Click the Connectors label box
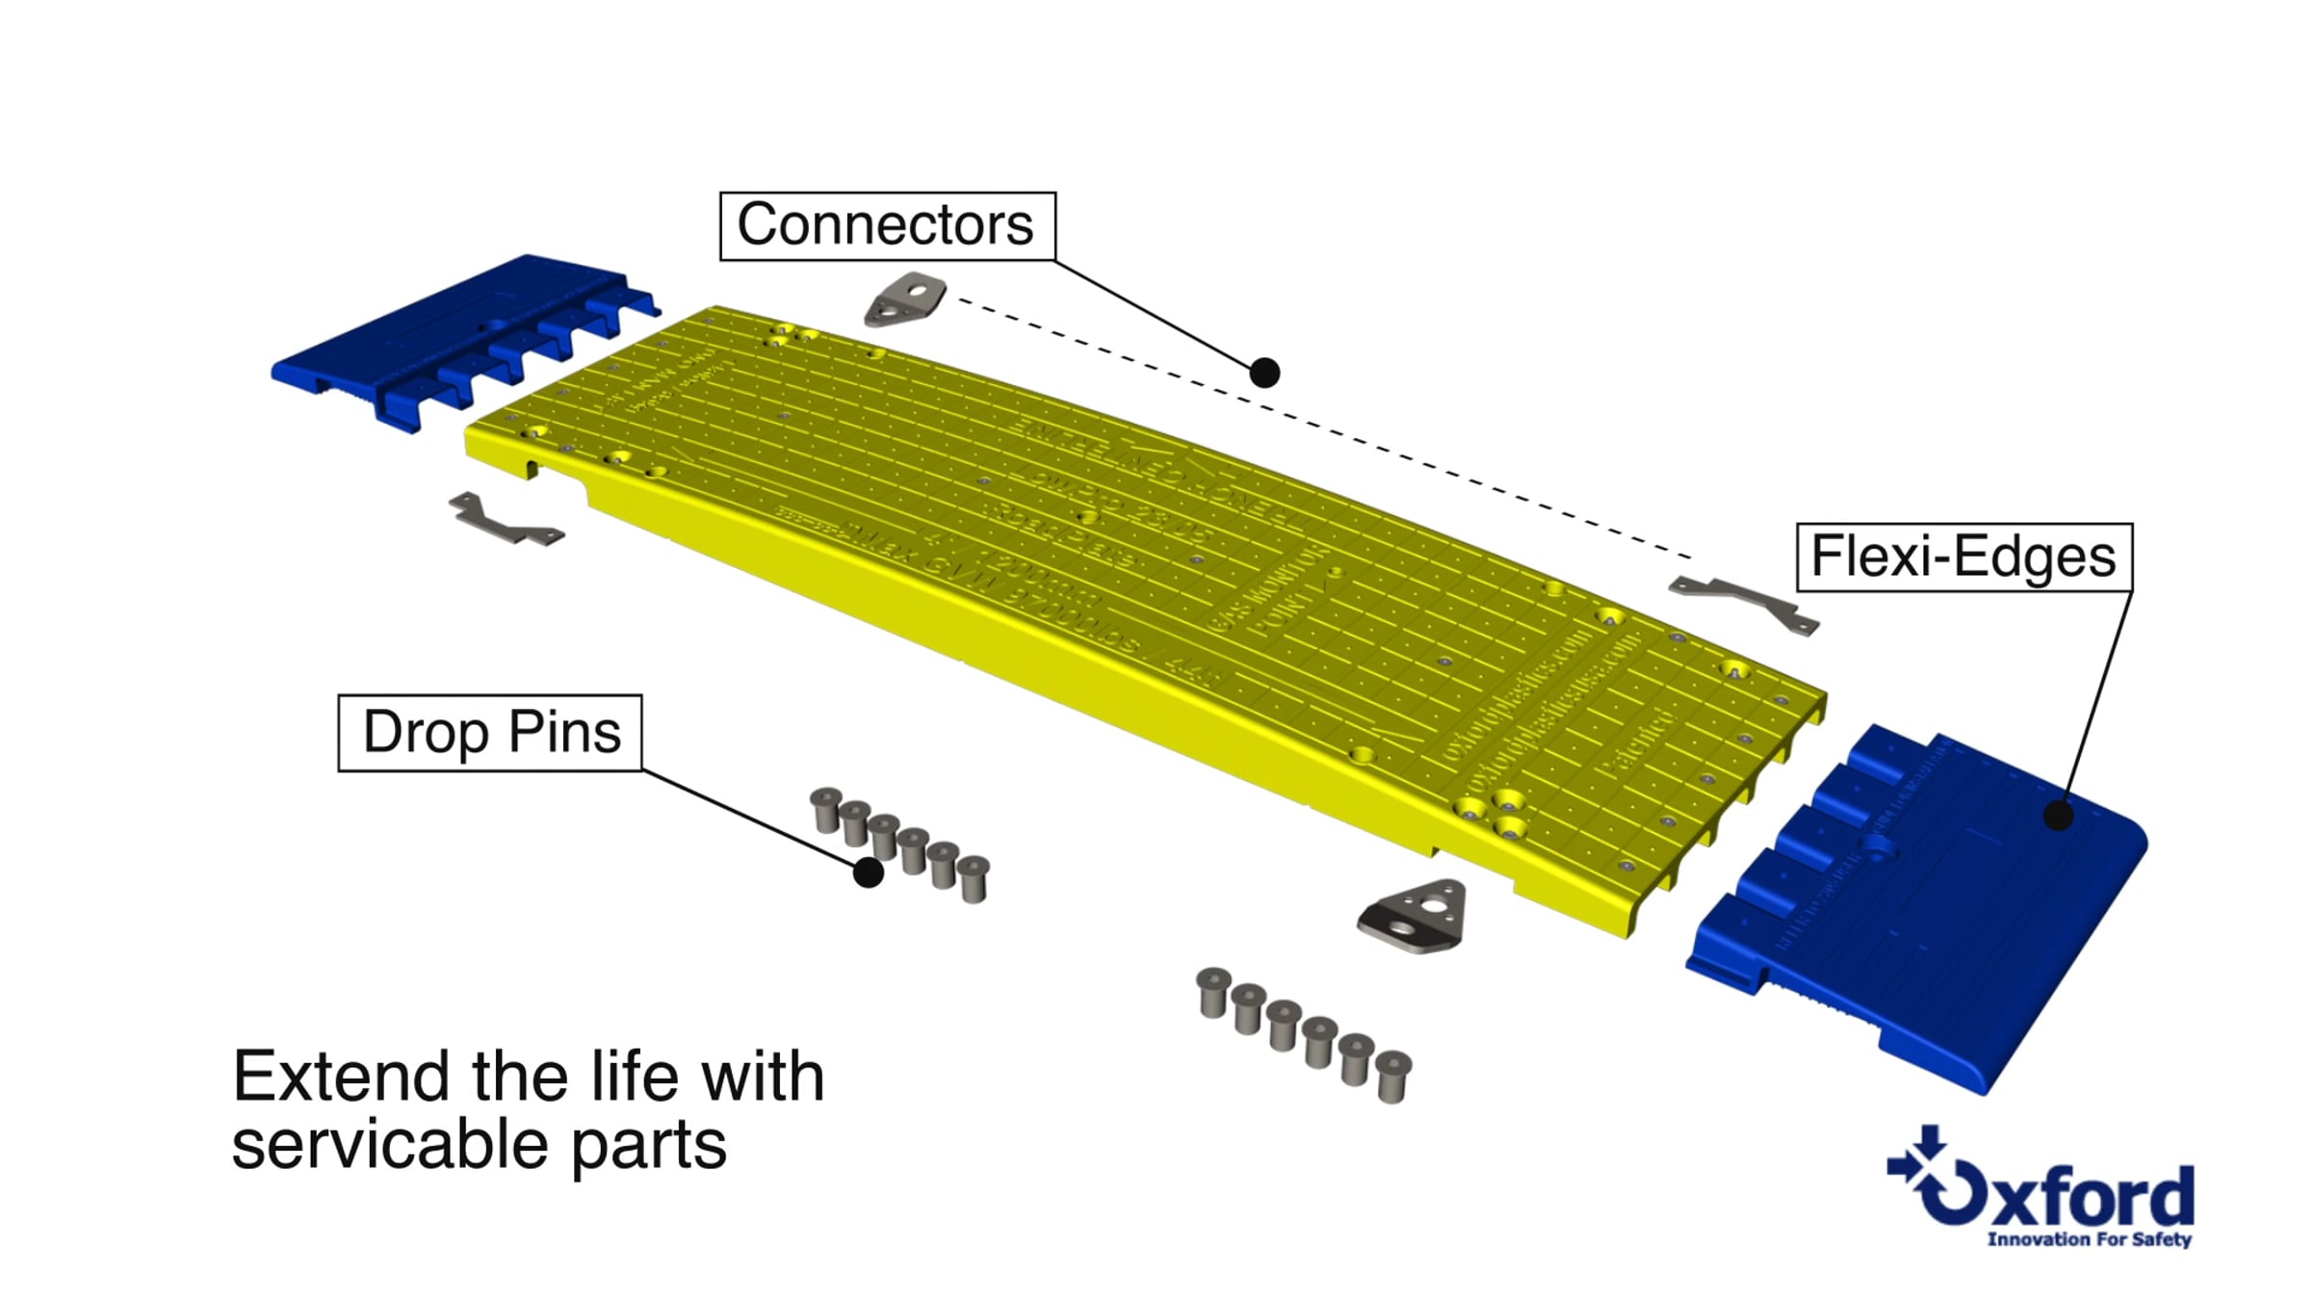(x=887, y=226)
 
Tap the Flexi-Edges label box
(x=1963, y=557)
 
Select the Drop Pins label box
(x=490, y=733)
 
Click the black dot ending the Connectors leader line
(x=1264, y=373)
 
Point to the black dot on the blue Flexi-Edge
(x=2058, y=816)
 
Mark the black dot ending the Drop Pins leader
(x=868, y=872)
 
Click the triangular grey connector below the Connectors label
(x=905, y=299)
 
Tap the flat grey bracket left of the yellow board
(x=503, y=521)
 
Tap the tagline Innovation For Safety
(x=2089, y=1239)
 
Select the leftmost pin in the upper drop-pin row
(x=825, y=809)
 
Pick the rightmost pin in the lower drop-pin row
(x=1392, y=1076)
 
